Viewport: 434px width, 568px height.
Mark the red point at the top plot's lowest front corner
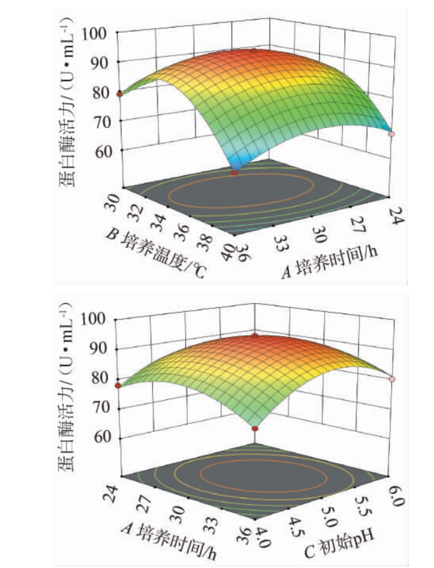click(x=235, y=172)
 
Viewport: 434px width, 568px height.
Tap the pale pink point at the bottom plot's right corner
click(x=391, y=379)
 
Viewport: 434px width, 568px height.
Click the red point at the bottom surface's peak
click(x=255, y=335)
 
